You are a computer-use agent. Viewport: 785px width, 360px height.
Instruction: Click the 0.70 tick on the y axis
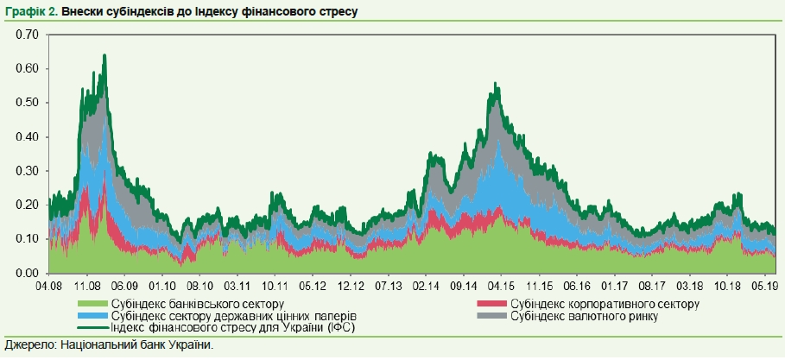[28, 35]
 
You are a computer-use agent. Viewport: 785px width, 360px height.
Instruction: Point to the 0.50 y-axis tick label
[28, 103]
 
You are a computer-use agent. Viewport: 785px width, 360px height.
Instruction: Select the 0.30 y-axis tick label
[28, 171]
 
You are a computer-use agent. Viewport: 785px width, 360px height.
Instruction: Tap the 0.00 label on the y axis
[28, 273]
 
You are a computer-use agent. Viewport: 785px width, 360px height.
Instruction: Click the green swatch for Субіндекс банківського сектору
[92, 303]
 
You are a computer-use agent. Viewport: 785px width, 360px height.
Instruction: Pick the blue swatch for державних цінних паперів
[92, 316]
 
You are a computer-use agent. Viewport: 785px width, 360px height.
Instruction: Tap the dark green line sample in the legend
[92, 328]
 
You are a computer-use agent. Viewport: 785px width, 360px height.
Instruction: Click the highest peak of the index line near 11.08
[104, 55]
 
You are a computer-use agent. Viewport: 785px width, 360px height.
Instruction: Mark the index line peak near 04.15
[496, 84]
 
